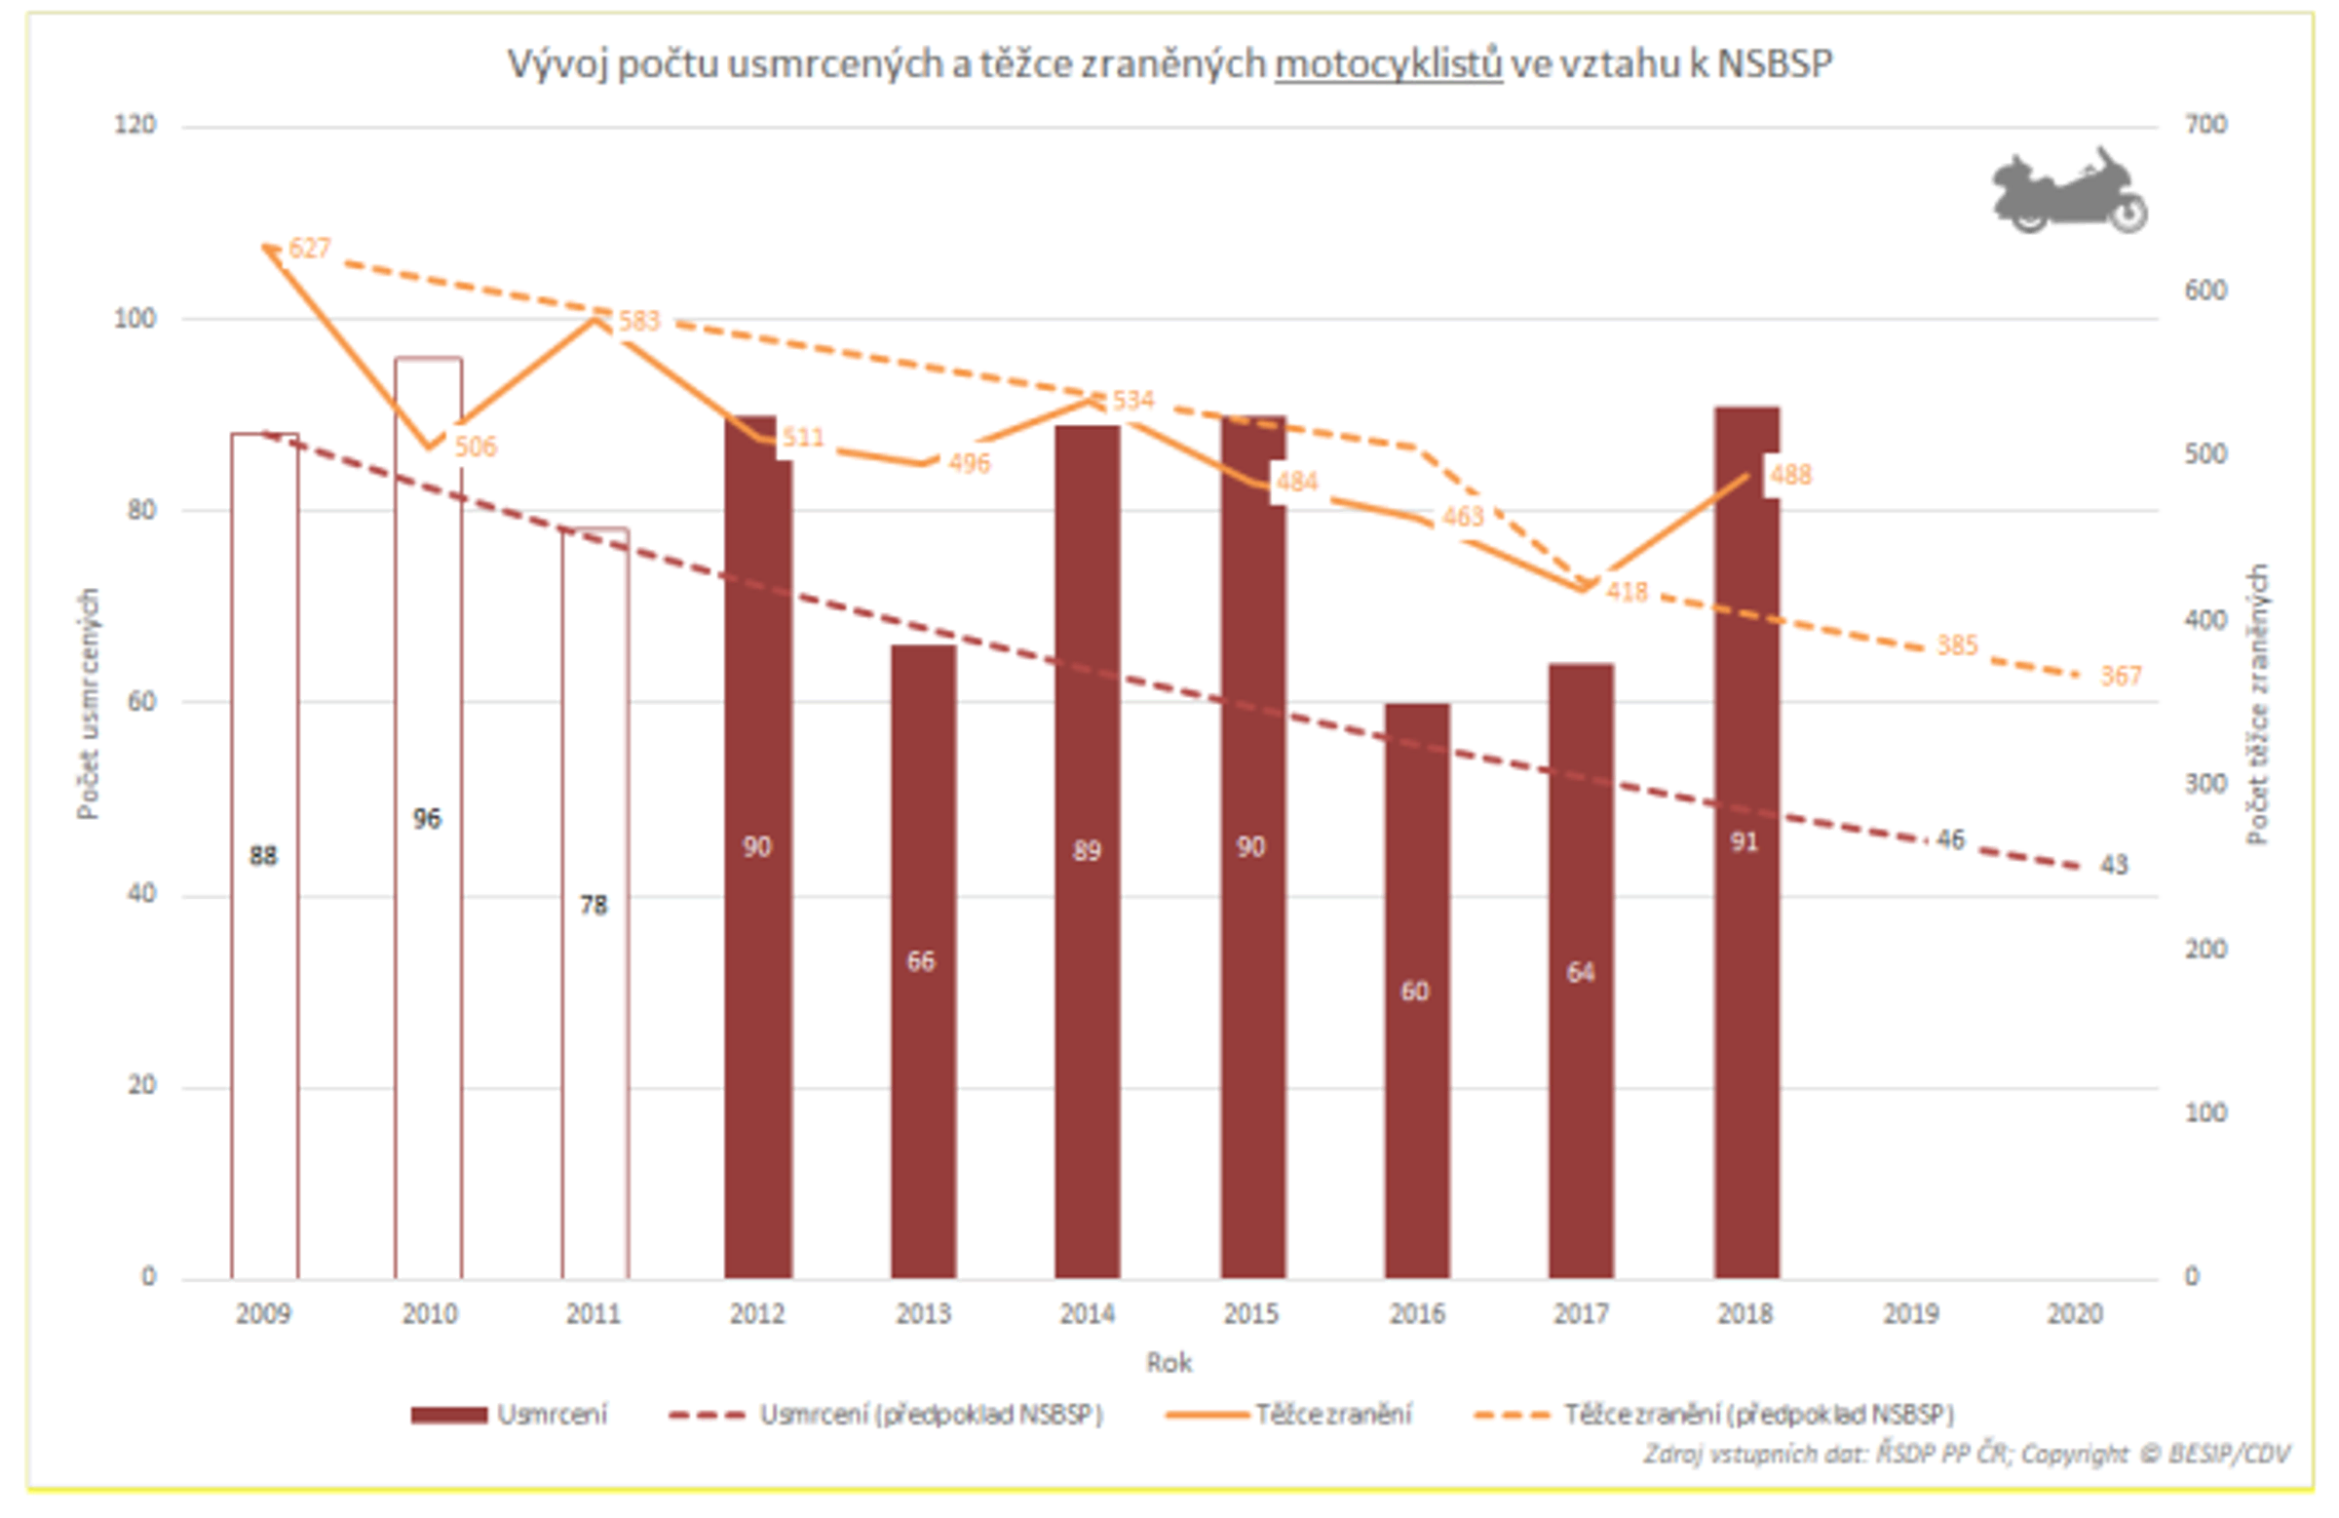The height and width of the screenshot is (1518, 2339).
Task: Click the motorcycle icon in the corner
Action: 2070,191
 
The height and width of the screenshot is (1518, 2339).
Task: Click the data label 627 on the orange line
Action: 309,248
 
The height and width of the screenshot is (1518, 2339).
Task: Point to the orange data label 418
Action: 1627,591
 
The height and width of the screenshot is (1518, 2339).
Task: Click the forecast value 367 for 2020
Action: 2120,676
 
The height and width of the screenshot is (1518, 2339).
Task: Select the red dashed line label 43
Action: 2114,864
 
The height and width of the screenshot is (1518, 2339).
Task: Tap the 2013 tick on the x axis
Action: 923,1313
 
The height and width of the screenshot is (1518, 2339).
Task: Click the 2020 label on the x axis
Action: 2075,1313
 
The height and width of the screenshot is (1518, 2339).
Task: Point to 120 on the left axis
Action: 134,125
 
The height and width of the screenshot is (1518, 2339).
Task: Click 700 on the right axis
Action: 2205,125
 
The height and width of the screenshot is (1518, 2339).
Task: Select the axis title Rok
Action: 1169,1363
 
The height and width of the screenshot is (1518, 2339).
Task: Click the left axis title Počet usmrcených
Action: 89,703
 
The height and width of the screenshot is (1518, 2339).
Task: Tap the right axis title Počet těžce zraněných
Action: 2257,703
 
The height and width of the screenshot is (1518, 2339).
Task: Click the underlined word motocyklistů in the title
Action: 1388,64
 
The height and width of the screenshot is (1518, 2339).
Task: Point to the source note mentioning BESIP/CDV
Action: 1966,1453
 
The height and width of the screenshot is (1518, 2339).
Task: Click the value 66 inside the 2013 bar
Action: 921,960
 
